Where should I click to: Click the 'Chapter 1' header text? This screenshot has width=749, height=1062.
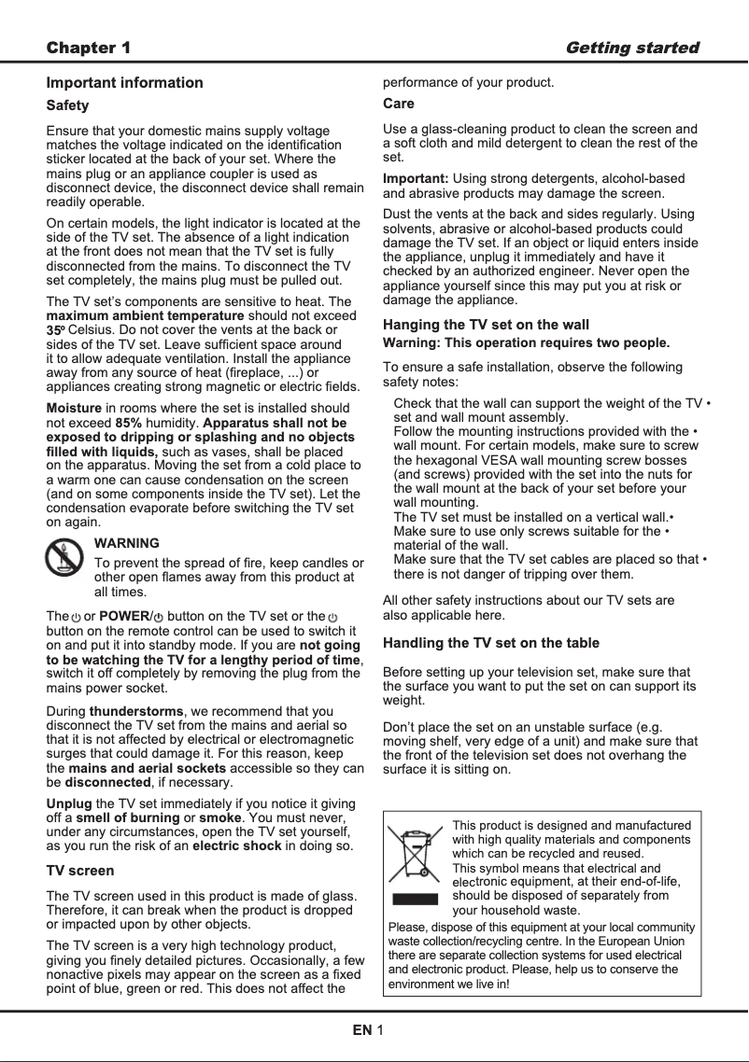[89, 48]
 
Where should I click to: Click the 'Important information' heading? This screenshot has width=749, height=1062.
[124, 82]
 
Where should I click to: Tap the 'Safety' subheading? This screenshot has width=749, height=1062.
[67, 106]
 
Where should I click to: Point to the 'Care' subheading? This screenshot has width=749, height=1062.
[399, 104]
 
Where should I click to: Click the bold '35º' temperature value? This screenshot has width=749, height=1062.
[57, 330]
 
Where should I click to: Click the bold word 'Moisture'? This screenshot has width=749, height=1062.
[74, 409]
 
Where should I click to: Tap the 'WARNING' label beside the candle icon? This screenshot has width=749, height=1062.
[127, 543]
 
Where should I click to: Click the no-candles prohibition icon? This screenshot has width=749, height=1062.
[64, 558]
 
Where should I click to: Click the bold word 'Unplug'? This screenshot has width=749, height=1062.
[69, 803]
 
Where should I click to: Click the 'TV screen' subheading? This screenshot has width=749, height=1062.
[80, 871]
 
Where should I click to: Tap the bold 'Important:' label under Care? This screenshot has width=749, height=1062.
[416, 178]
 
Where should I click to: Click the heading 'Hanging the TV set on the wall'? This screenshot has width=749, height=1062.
[486, 325]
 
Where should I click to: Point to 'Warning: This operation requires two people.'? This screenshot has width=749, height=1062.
[527, 342]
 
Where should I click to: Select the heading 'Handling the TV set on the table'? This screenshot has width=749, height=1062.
[491, 643]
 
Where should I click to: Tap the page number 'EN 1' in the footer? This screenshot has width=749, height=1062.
[368, 1030]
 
